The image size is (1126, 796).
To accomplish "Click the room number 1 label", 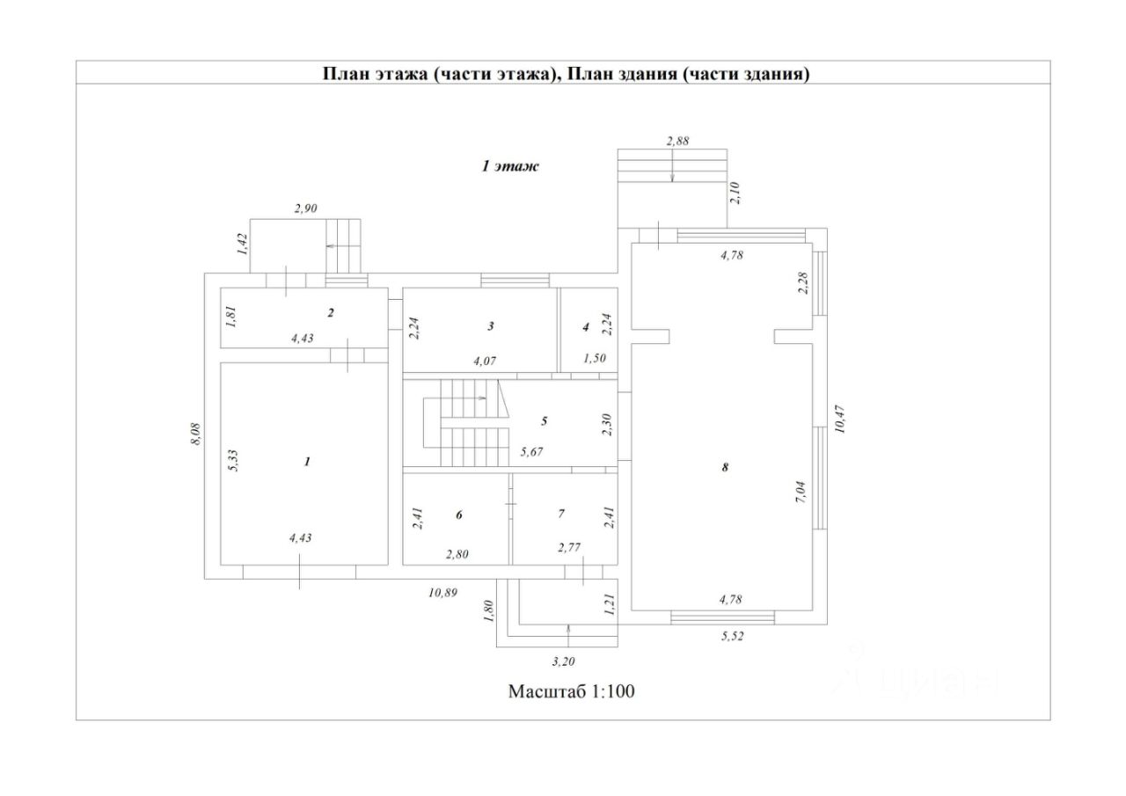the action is click(x=307, y=461).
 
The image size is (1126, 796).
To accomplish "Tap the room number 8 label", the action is click(x=725, y=467).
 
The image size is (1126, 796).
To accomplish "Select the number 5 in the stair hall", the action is click(x=544, y=421).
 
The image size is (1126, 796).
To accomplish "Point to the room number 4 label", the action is click(x=586, y=327).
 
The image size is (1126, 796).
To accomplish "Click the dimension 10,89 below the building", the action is click(x=442, y=593).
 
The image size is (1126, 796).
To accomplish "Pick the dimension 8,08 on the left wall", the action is click(x=196, y=434).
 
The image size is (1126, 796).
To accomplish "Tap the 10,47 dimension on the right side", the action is click(x=839, y=420).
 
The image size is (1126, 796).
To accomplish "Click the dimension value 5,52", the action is click(x=733, y=636).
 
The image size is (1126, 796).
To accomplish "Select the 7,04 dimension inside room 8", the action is click(x=801, y=492).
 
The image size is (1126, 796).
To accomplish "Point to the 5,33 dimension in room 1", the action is click(x=233, y=460).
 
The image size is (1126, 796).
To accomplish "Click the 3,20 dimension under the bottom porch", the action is click(x=563, y=661).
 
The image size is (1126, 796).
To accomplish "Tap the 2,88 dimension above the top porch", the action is click(x=677, y=142).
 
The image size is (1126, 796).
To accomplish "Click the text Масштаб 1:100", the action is click(x=572, y=691).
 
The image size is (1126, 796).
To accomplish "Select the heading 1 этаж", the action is click(x=510, y=166).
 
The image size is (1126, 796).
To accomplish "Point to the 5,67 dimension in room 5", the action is click(x=531, y=452).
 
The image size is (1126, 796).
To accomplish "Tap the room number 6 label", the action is click(x=458, y=515).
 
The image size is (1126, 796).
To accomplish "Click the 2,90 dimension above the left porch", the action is click(x=305, y=208).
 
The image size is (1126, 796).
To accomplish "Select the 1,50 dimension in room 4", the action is click(x=594, y=358).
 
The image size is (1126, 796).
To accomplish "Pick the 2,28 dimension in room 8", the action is click(x=803, y=283).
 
